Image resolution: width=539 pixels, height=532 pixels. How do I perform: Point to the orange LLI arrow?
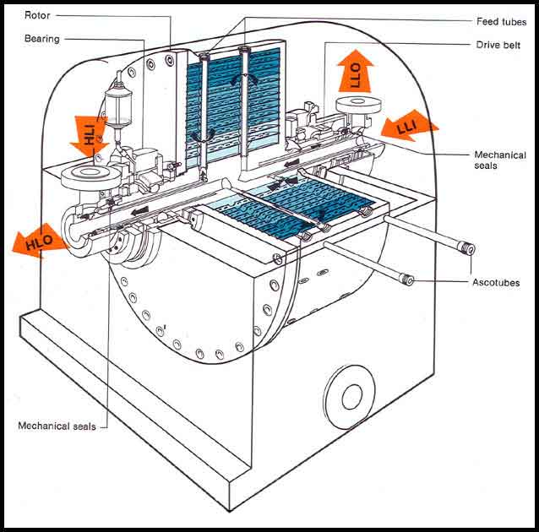408,127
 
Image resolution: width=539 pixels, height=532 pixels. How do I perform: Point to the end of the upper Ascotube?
466,248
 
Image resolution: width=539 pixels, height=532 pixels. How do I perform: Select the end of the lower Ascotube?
407,280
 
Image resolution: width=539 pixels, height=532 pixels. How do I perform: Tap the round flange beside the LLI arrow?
358,105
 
